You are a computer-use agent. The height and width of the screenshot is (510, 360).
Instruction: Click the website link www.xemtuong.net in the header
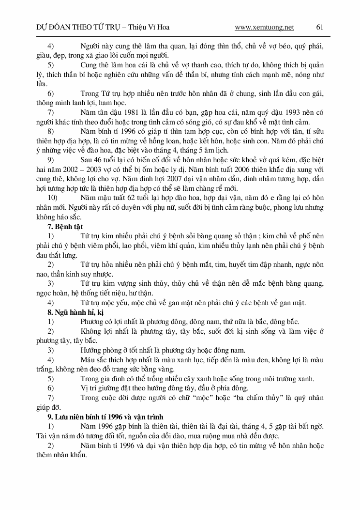(x=264, y=27)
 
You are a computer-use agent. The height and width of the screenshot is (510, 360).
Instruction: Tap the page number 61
(x=319, y=27)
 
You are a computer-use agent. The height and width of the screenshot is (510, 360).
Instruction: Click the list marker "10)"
(x=52, y=198)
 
